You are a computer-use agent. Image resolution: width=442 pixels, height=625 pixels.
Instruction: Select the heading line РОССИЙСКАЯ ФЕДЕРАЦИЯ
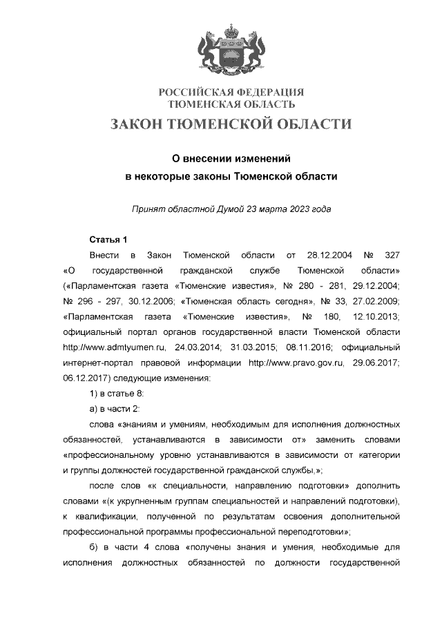point(231,93)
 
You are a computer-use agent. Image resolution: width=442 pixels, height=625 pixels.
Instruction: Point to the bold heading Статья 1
point(108,240)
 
